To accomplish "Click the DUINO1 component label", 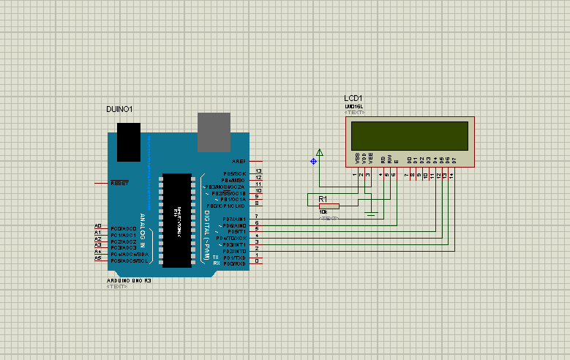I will [x=119, y=109].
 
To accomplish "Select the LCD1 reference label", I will [x=353, y=98].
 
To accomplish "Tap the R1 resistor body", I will [x=329, y=206].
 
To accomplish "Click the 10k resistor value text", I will [x=323, y=212].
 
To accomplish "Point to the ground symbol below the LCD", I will [x=372, y=213].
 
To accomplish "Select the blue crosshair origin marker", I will [x=313, y=161].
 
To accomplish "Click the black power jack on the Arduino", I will [x=130, y=141].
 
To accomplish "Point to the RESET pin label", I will [x=119, y=183].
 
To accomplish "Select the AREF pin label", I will [x=238, y=161].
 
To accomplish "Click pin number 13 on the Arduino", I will [x=258, y=172].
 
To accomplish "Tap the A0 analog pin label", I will [x=98, y=226].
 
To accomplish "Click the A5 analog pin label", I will [x=98, y=258].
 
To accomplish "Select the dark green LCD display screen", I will [x=410, y=135].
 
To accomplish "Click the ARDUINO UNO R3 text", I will [x=129, y=280].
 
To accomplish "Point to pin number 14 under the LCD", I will [x=452, y=176].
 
